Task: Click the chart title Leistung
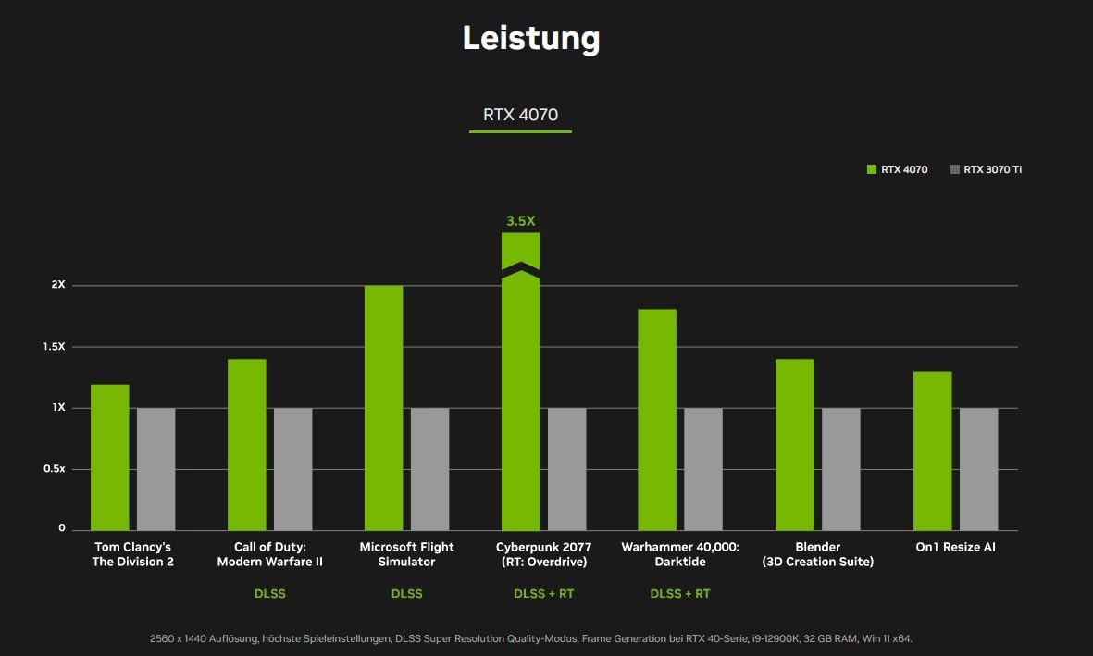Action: click(x=531, y=39)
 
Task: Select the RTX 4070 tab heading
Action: click(x=520, y=115)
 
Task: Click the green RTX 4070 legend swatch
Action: click(x=871, y=169)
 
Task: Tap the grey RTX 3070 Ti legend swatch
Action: click(x=954, y=169)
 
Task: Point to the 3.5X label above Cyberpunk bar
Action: click(x=520, y=221)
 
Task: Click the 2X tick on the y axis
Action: click(x=58, y=285)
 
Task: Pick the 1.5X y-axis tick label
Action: click(x=55, y=346)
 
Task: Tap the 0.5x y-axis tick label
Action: click(x=56, y=469)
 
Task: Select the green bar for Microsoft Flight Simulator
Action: click(x=383, y=407)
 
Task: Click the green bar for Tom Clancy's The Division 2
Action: click(x=109, y=457)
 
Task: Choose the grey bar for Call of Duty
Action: click(x=292, y=469)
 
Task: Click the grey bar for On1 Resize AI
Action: click(x=978, y=469)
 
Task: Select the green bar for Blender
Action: click(x=794, y=444)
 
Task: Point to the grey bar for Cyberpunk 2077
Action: click(x=566, y=469)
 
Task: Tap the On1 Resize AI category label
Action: click(x=955, y=547)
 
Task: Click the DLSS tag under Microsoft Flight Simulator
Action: click(x=406, y=593)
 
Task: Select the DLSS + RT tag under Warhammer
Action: click(x=680, y=593)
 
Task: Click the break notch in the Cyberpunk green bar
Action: click(x=520, y=269)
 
